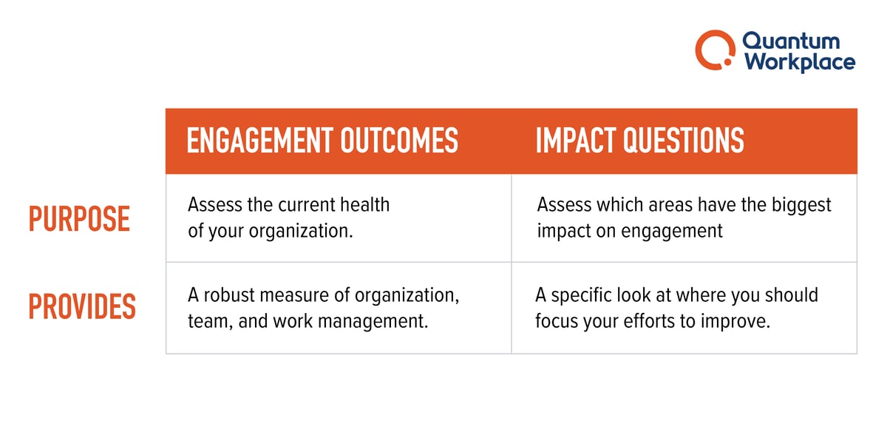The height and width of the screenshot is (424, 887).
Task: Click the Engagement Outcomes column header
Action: pos(322,141)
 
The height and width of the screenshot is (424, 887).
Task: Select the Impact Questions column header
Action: pos(639,141)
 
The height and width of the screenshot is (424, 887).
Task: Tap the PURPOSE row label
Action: pos(79,220)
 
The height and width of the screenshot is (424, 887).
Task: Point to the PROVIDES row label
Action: pos(82,307)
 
